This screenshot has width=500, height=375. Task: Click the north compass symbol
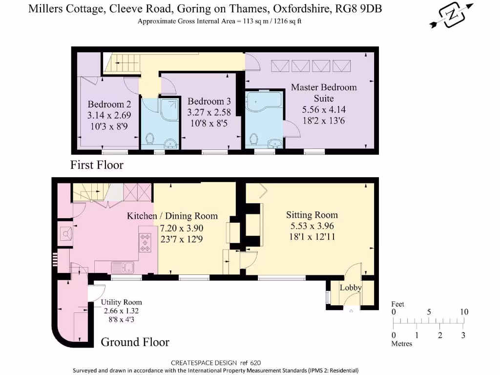(x=451, y=15)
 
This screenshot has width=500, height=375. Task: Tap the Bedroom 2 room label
(x=109, y=104)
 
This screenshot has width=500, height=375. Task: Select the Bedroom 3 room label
(x=209, y=101)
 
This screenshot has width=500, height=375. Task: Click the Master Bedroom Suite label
(x=324, y=92)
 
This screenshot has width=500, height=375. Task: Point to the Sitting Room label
(x=312, y=215)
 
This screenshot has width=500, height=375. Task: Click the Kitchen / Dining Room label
(x=172, y=216)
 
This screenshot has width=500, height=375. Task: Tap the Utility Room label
(x=122, y=302)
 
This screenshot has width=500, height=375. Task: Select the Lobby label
(x=351, y=288)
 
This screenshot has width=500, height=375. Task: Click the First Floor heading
(x=97, y=165)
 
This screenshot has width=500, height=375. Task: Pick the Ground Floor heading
(x=135, y=342)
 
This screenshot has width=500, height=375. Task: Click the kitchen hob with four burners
(x=145, y=242)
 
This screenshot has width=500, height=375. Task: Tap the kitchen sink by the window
(x=123, y=268)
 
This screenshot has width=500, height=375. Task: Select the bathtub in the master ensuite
(x=264, y=102)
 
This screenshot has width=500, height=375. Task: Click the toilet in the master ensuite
(x=254, y=139)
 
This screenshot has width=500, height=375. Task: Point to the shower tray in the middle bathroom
(x=169, y=109)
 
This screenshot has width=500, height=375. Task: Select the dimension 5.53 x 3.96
(x=312, y=226)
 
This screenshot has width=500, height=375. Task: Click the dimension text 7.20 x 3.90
(x=182, y=229)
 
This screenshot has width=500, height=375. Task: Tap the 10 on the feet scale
(x=464, y=312)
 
